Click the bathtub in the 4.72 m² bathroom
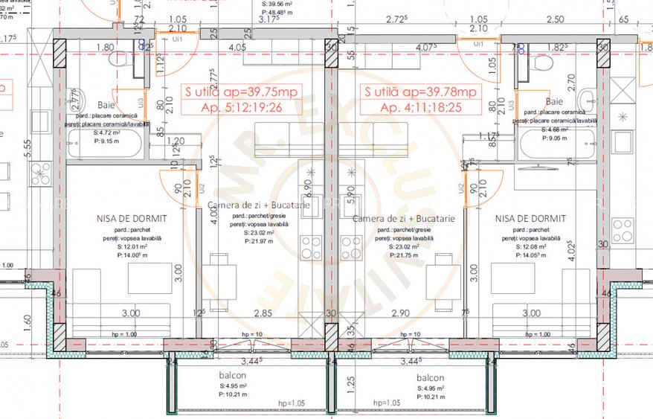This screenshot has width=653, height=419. pyautogui.click(x=104, y=144)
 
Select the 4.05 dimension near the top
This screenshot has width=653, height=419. pyautogui.click(x=238, y=47)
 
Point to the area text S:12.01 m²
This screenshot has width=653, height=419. pyautogui.click(x=131, y=246)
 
